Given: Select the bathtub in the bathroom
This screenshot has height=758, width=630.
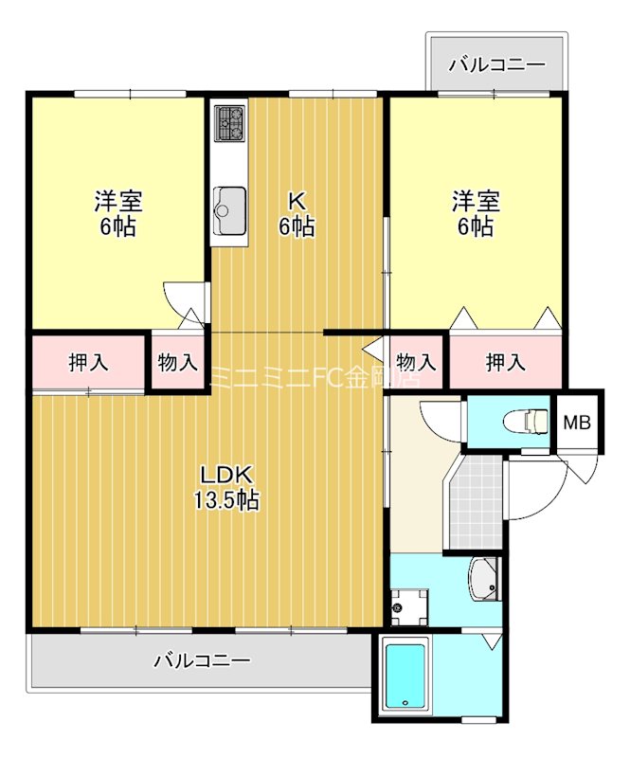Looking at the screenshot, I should (405, 676).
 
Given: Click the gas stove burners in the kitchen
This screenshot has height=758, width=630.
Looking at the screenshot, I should (229, 124).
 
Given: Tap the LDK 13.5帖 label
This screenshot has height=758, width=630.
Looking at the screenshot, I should (226, 487).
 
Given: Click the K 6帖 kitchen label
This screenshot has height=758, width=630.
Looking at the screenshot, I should (297, 213).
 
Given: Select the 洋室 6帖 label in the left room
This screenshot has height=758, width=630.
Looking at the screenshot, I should (118, 213).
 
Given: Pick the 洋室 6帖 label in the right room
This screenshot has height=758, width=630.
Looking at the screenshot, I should (475, 213).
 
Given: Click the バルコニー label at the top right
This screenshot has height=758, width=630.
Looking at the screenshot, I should (497, 65).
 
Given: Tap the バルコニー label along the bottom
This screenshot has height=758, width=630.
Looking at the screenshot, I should (202, 660).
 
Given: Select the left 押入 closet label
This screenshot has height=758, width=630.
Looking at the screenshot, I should (88, 361).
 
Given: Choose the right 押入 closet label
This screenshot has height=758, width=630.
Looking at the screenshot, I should (506, 361).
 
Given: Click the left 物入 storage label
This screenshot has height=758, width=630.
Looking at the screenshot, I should (177, 361).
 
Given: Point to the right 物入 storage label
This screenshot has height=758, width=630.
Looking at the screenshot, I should (417, 361).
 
